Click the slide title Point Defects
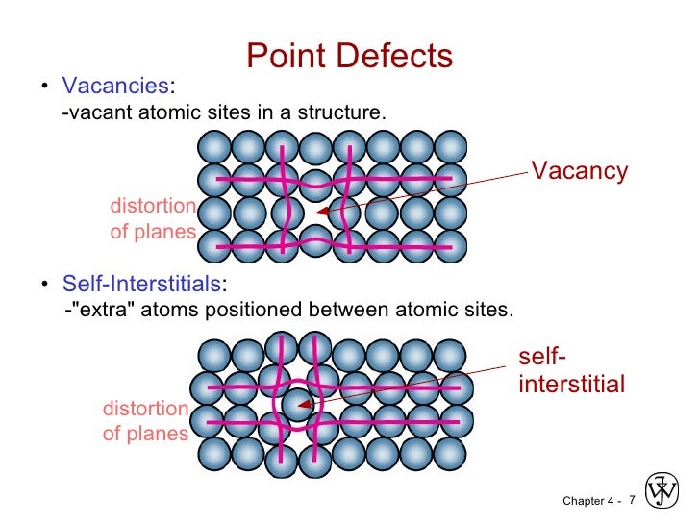(x=349, y=56)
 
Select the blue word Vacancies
(x=115, y=87)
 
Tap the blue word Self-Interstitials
(x=141, y=284)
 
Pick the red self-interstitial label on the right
(x=571, y=371)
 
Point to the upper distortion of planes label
(x=153, y=219)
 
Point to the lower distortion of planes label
(x=145, y=421)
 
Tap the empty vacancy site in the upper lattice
(x=315, y=212)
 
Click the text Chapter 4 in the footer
(x=587, y=501)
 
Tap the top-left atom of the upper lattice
(x=213, y=147)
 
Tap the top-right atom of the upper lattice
(x=450, y=147)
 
